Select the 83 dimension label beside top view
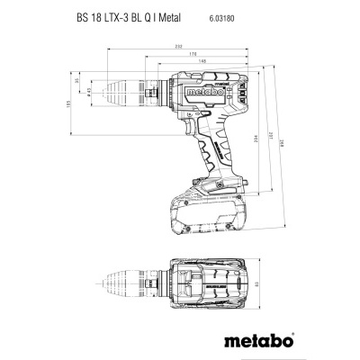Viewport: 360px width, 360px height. pos(255,284)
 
